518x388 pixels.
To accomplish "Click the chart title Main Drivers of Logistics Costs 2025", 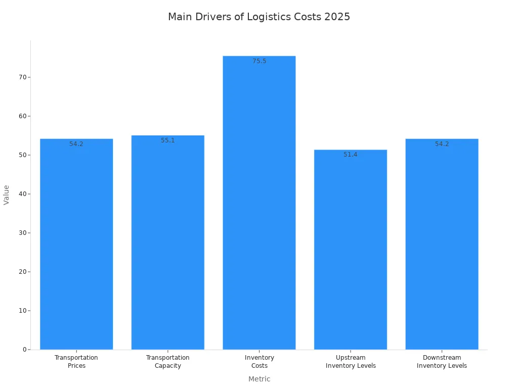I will coord(259,17).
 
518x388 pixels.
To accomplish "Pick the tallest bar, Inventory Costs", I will coord(259,203).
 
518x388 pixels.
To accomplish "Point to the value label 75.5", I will coord(259,61).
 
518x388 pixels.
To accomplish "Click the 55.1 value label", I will coord(167,140).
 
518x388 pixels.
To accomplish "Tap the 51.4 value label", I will coord(351,155).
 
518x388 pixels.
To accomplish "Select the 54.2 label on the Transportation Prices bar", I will coord(76,144).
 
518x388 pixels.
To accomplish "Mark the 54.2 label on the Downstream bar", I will coord(442,144).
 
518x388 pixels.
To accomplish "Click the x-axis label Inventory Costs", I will coord(259,362).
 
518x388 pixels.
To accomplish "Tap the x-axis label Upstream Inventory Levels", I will coord(351,362).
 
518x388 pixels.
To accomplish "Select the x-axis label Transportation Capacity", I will coord(167,362).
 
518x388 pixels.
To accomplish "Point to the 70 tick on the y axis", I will coord(23,77).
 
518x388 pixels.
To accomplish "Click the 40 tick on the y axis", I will coord(23,194).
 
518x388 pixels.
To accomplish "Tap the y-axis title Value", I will coord(7,195).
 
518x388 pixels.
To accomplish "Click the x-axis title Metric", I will coord(259,379).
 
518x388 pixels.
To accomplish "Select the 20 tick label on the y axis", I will coord(23,272).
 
